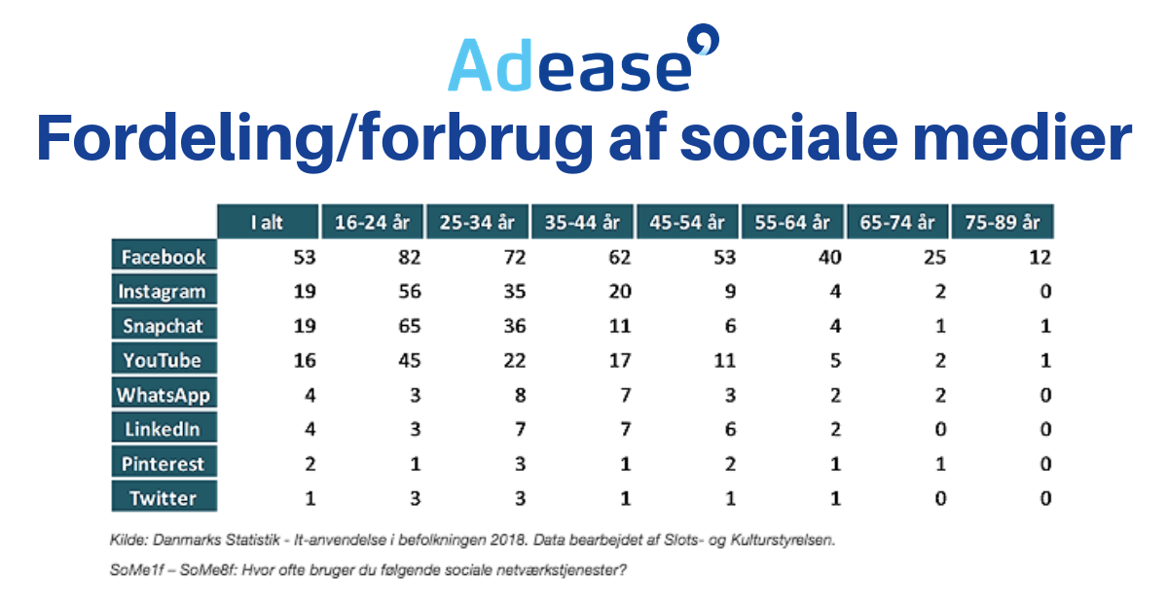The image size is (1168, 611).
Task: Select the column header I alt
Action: pyautogui.click(x=268, y=222)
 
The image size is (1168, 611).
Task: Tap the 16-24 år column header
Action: pyautogui.click(x=373, y=222)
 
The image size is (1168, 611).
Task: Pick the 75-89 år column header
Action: pyautogui.click(x=1003, y=222)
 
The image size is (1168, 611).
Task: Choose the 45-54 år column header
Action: pyautogui.click(x=687, y=222)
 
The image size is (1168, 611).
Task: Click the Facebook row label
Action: pyautogui.click(x=164, y=257)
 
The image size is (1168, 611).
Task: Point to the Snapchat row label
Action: pyautogui.click(x=164, y=326)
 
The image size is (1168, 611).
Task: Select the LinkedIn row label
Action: pyautogui.click(x=164, y=429)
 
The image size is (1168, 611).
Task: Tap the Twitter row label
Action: pyautogui.click(x=164, y=498)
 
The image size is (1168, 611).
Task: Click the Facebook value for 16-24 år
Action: pyautogui.click(x=409, y=258)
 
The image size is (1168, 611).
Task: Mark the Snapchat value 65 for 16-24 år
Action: pyautogui.click(x=409, y=327)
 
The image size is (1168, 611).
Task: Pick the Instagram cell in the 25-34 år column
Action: pyautogui.click(x=514, y=292)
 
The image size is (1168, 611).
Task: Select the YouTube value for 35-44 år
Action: pyautogui.click(x=619, y=361)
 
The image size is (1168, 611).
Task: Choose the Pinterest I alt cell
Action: pyautogui.click(x=310, y=464)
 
